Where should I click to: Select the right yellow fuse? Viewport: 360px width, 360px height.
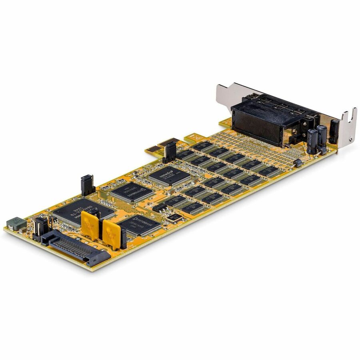111,234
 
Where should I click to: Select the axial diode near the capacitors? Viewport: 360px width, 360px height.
297,163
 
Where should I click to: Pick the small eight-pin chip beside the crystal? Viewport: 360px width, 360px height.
160,207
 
